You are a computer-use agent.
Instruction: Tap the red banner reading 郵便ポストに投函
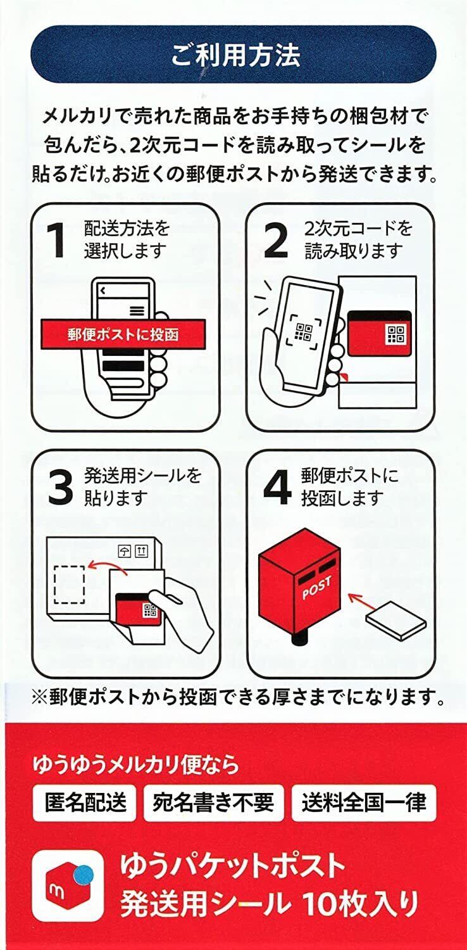(123, 334)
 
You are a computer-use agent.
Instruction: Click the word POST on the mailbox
(317, 590)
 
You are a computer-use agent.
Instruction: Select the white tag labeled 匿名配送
(85, 802)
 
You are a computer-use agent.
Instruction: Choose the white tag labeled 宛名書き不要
(213, 802)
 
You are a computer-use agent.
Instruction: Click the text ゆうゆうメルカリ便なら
(136, 764)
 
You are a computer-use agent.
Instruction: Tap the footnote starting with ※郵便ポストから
(237, 698)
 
